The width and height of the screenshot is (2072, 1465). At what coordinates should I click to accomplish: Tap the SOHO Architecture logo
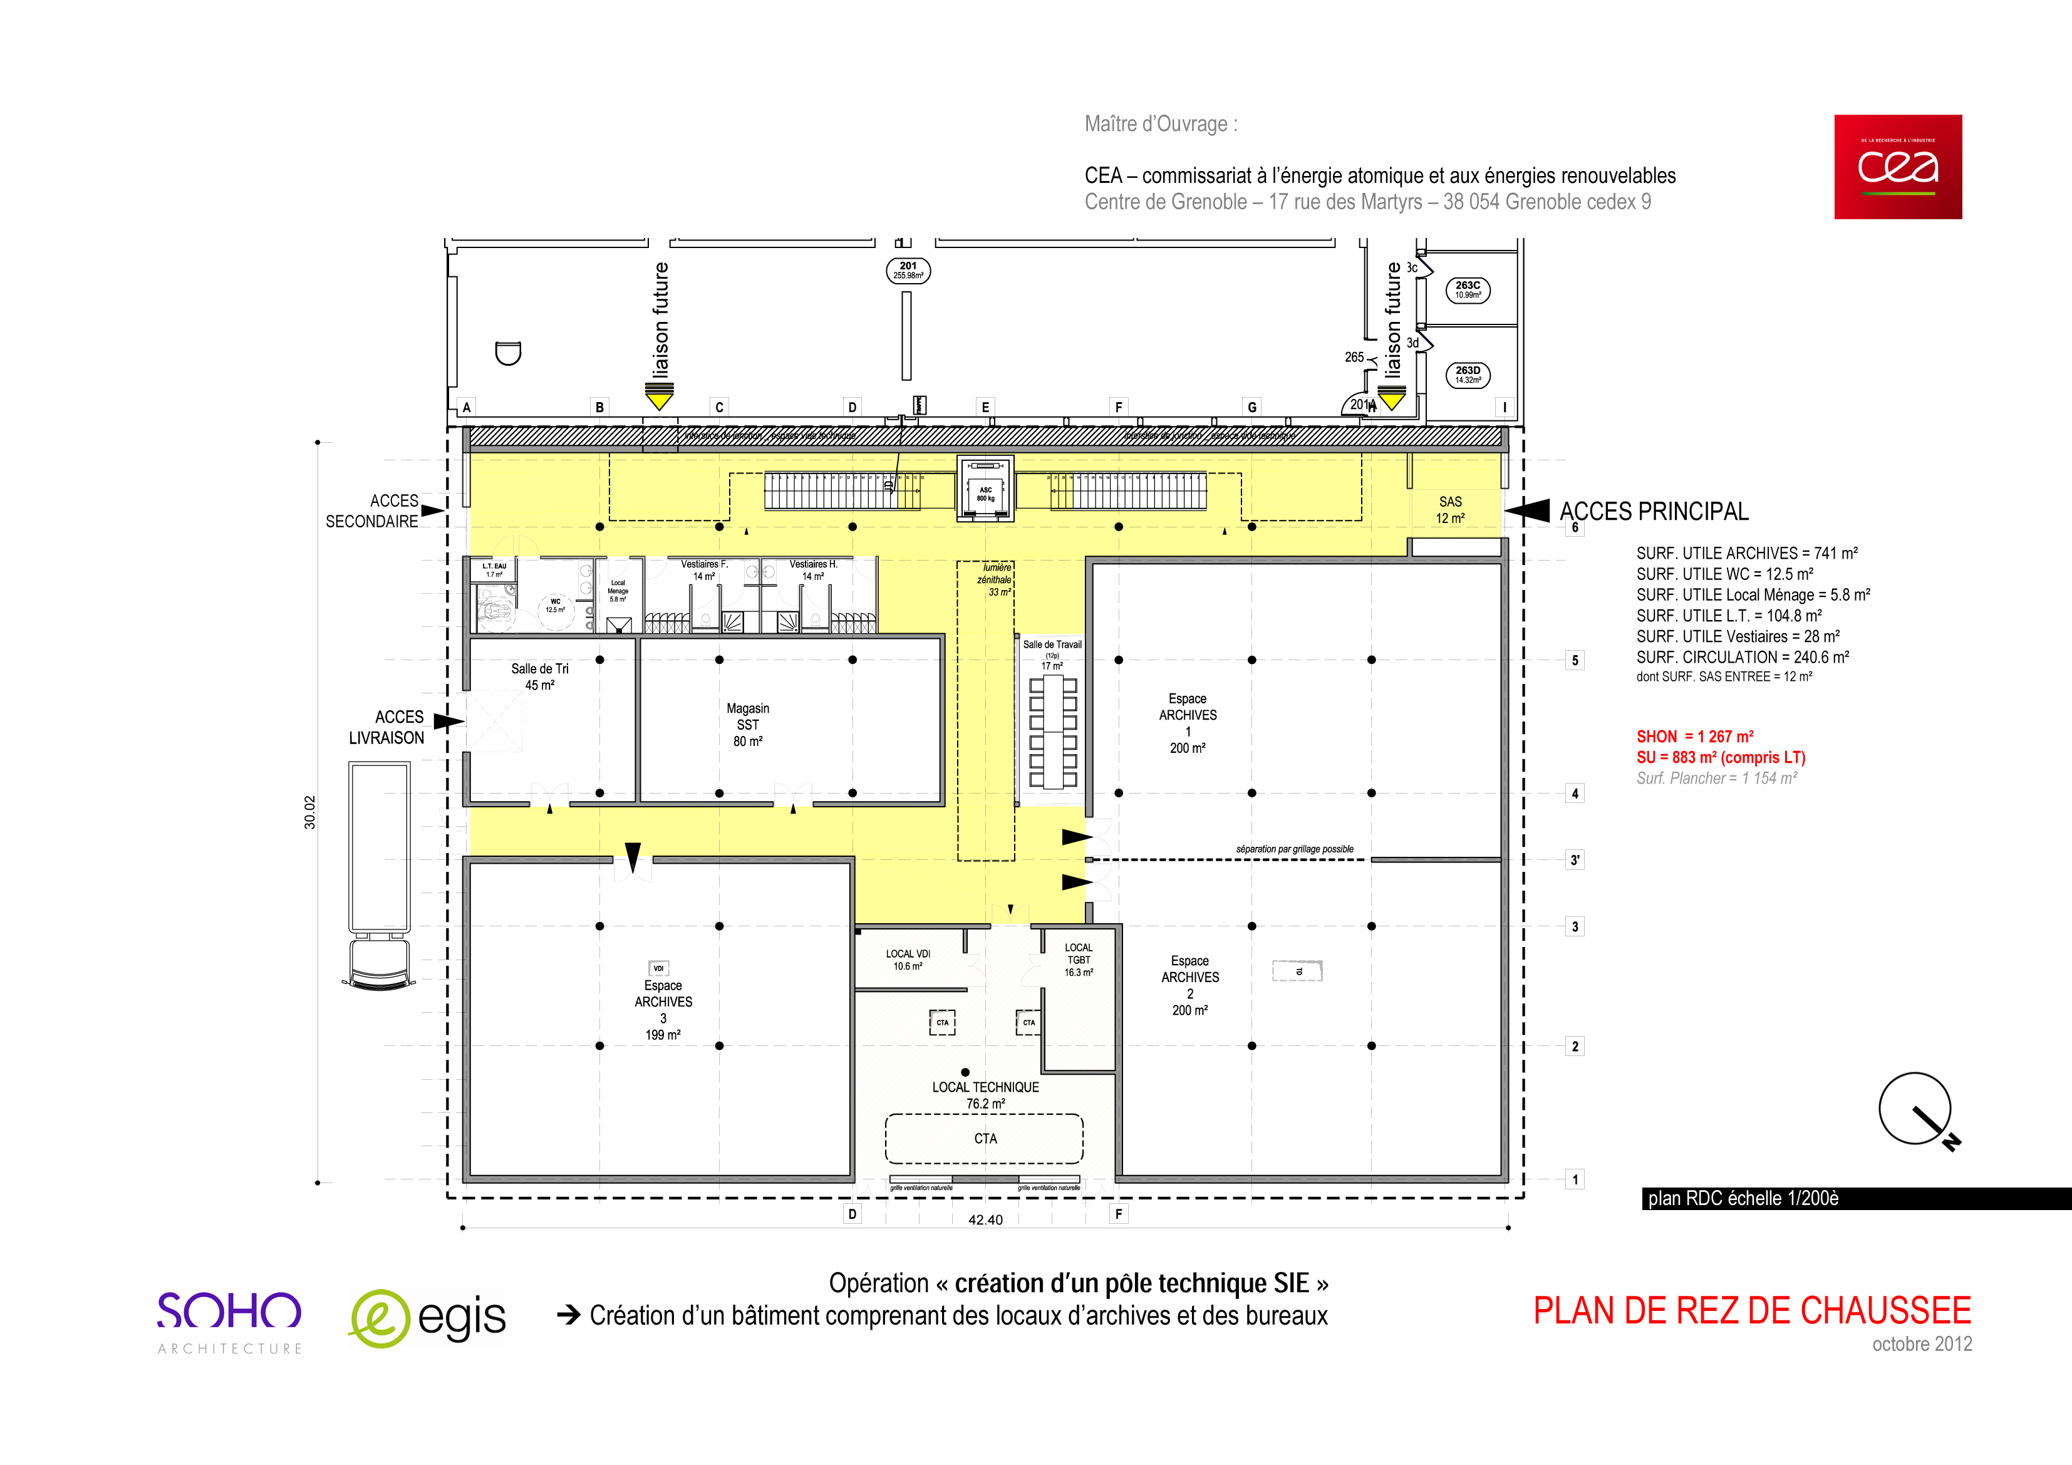tap(229, 1320)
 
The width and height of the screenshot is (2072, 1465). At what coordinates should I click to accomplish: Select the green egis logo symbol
tap(380, 1319)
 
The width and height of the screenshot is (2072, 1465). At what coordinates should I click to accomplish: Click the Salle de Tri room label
tap(540, 676)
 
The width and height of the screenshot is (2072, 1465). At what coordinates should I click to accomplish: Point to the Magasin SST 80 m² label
tap(747, 725)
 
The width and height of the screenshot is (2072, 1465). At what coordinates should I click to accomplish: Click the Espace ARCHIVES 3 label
tap(663, 1010)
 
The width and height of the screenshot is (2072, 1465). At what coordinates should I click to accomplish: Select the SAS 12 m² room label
tap(1449, 510)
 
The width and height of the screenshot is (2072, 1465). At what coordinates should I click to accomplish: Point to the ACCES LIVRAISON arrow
tap(448, 721)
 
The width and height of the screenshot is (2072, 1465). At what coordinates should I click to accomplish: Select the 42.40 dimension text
tap(985, 1219)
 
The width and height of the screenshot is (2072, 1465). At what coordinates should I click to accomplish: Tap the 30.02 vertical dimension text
tap(309, 812)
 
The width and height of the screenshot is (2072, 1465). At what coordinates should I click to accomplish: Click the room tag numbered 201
tap(908, 271)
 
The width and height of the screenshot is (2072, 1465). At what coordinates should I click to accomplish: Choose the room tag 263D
tap(1468, 375)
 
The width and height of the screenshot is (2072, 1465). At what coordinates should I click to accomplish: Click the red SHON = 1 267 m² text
tap(1695, 737)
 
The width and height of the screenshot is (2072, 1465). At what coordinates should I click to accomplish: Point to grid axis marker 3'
tap(1574, 860)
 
